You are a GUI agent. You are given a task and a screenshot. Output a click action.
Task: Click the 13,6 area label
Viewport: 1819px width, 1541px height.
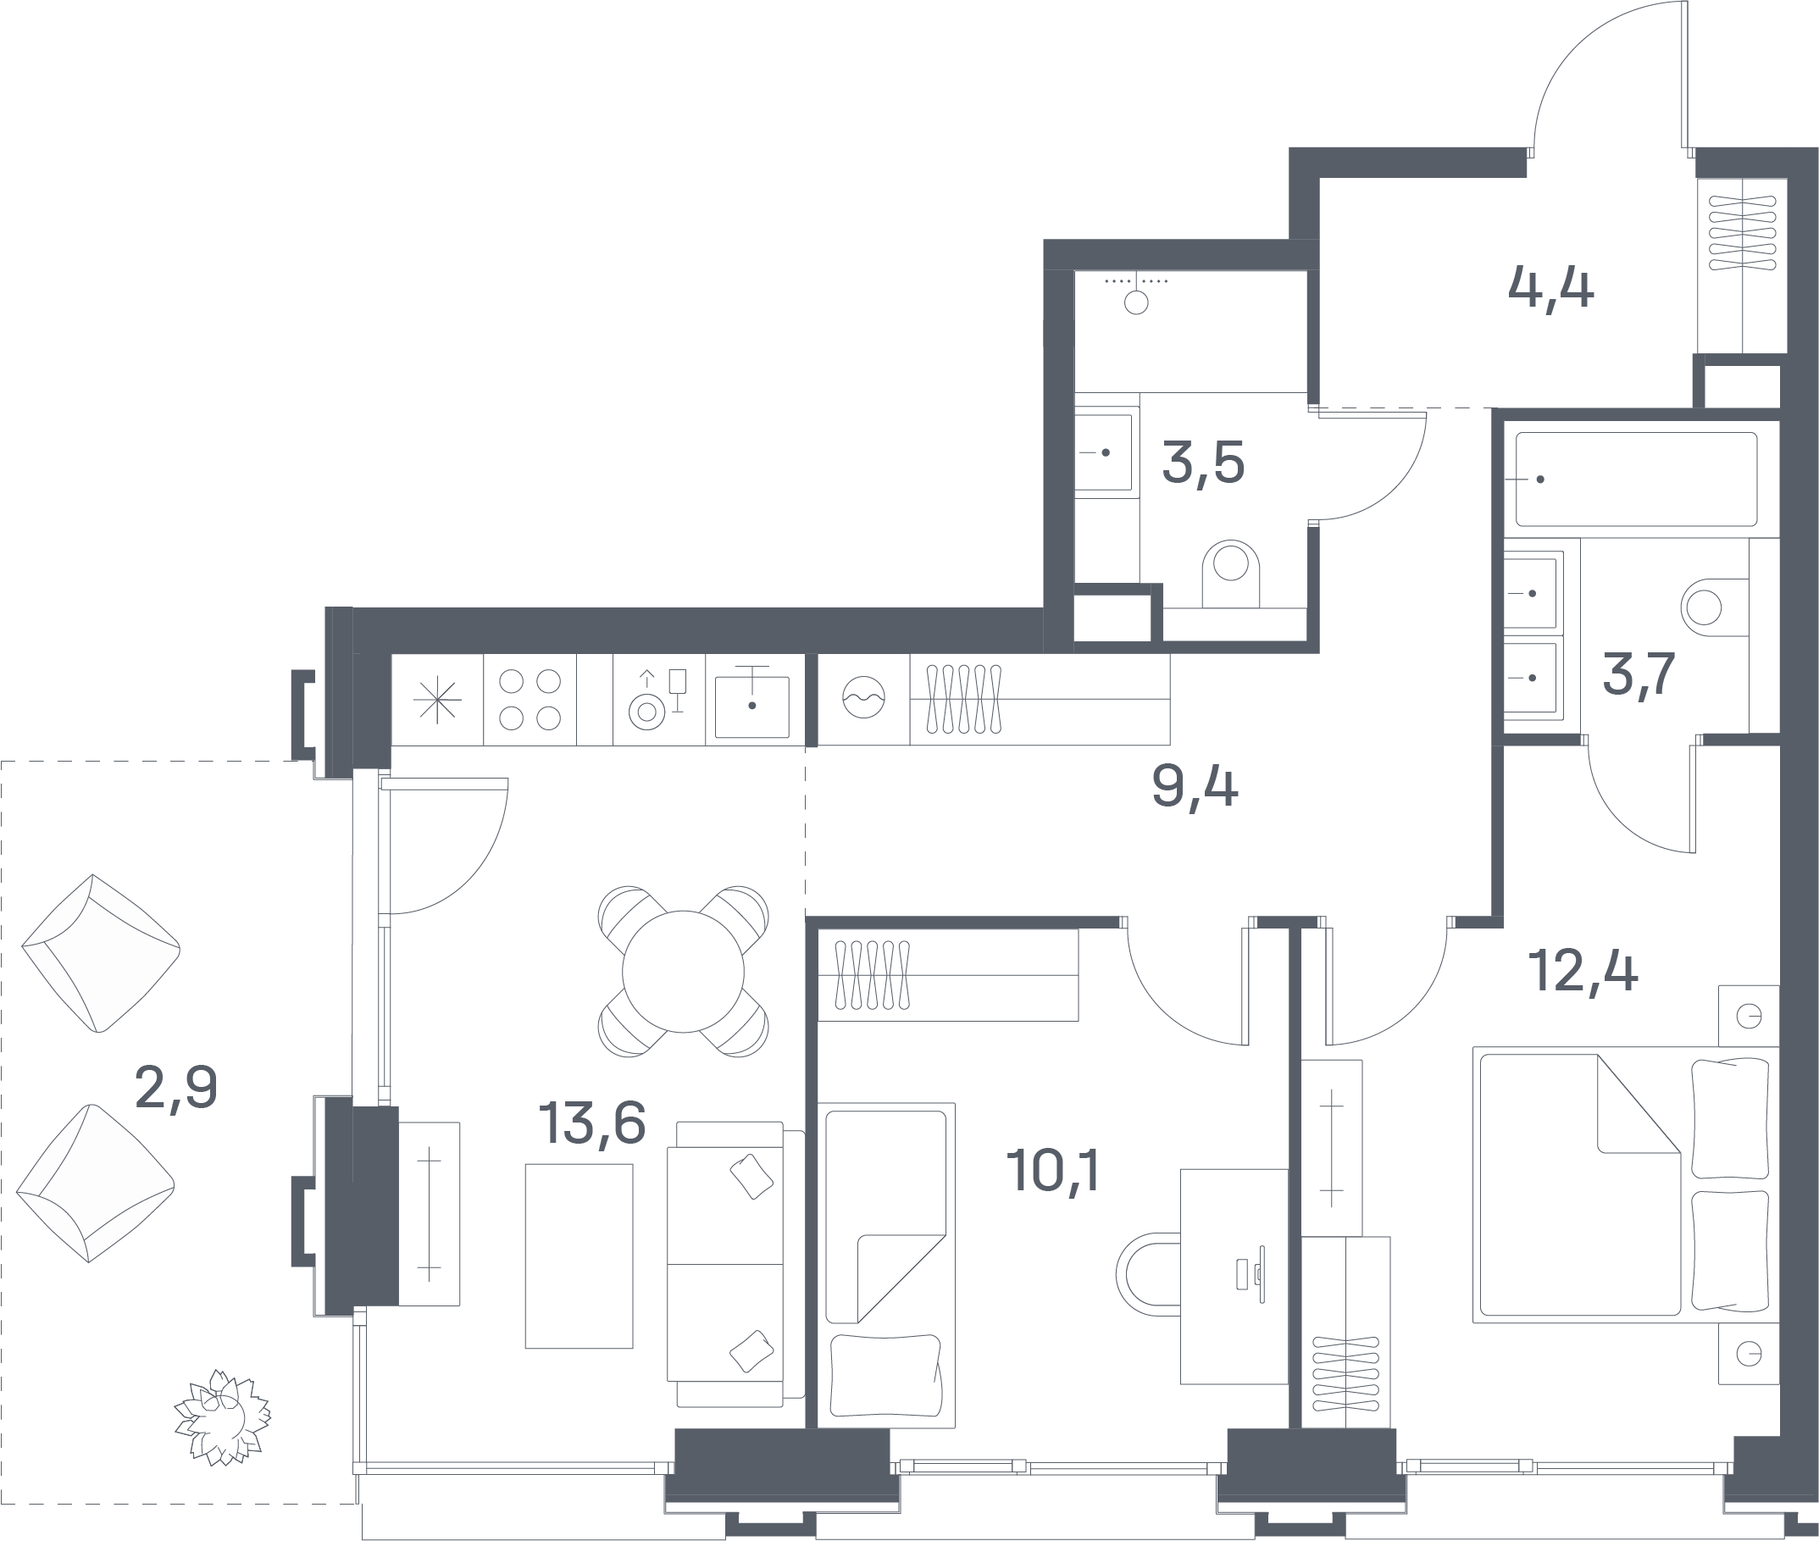592,1122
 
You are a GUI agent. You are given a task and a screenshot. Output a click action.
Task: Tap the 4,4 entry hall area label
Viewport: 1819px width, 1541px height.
1550,288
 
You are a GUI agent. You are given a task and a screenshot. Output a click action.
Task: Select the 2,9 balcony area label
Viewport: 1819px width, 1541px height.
176,1089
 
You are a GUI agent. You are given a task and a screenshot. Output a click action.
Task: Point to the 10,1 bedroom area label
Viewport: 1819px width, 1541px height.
1054,1170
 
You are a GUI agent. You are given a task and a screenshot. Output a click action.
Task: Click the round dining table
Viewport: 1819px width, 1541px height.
683,972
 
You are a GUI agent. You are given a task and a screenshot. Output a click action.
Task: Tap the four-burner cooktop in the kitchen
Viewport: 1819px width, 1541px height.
530,700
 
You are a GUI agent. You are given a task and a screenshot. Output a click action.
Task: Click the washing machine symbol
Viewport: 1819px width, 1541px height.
863,698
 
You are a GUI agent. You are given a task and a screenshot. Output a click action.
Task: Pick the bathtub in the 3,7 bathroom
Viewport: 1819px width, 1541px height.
1636,479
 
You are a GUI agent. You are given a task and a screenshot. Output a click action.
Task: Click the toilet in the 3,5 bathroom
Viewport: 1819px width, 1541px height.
1231,573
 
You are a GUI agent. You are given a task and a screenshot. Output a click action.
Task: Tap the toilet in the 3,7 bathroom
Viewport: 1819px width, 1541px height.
1714,607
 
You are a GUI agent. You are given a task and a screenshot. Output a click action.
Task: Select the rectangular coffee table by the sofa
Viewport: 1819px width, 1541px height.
580,1256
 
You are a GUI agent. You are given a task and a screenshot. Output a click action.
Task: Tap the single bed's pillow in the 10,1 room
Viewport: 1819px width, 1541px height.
886,1375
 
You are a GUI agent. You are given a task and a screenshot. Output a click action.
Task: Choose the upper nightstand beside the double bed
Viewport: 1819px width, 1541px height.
1748,1016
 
